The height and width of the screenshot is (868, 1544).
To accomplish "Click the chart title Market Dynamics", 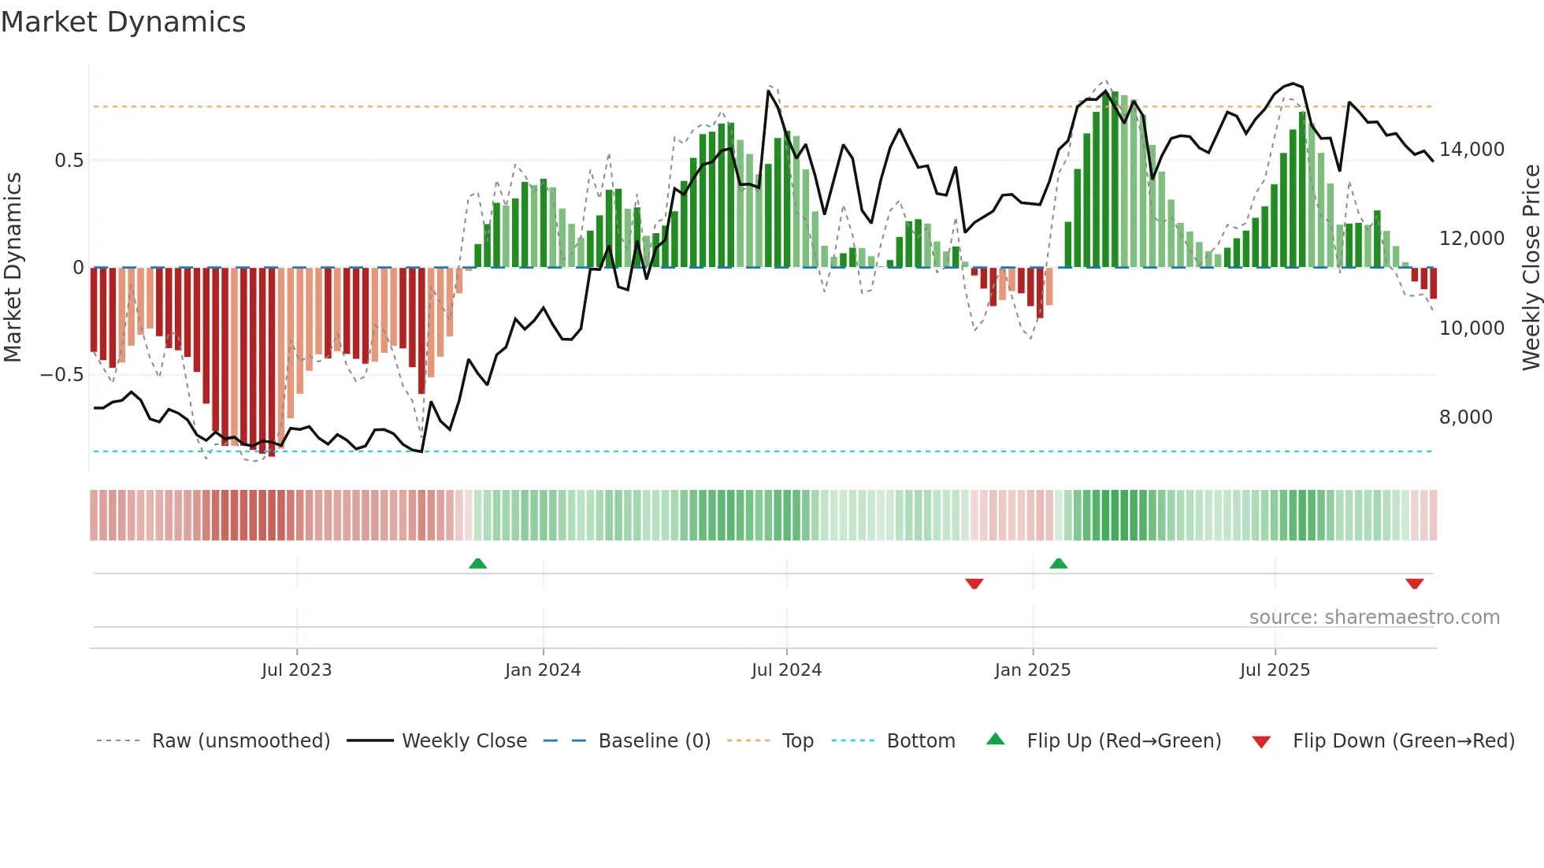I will tap(124, 22).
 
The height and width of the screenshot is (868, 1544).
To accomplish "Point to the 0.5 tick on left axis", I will tap(69, 161).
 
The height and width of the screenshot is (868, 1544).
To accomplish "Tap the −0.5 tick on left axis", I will tap(61, 375).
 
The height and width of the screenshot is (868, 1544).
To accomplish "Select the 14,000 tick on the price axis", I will tap(1472, 150).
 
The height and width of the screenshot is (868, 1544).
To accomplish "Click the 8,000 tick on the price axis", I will tap(1465, 417).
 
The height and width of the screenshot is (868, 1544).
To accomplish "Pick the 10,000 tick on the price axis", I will tap(1472, 328).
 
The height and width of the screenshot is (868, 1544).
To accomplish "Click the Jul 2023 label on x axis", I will tap(296, 670).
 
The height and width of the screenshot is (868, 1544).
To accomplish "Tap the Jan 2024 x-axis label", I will tap(543, 670).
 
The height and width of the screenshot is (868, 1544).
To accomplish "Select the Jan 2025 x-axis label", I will tap(1032, 670).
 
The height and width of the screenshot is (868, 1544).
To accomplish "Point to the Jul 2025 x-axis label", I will tap(1275, 670).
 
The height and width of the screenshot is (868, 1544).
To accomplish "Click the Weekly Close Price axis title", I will tap(1531, 268).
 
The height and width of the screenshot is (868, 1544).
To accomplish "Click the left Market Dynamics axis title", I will tap(13, 268).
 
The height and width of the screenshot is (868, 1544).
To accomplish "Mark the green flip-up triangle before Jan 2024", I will tap(477, 563).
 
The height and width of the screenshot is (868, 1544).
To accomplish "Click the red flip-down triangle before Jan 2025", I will tap(974, 584).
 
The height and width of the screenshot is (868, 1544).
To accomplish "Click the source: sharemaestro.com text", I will tap(1374, 618).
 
